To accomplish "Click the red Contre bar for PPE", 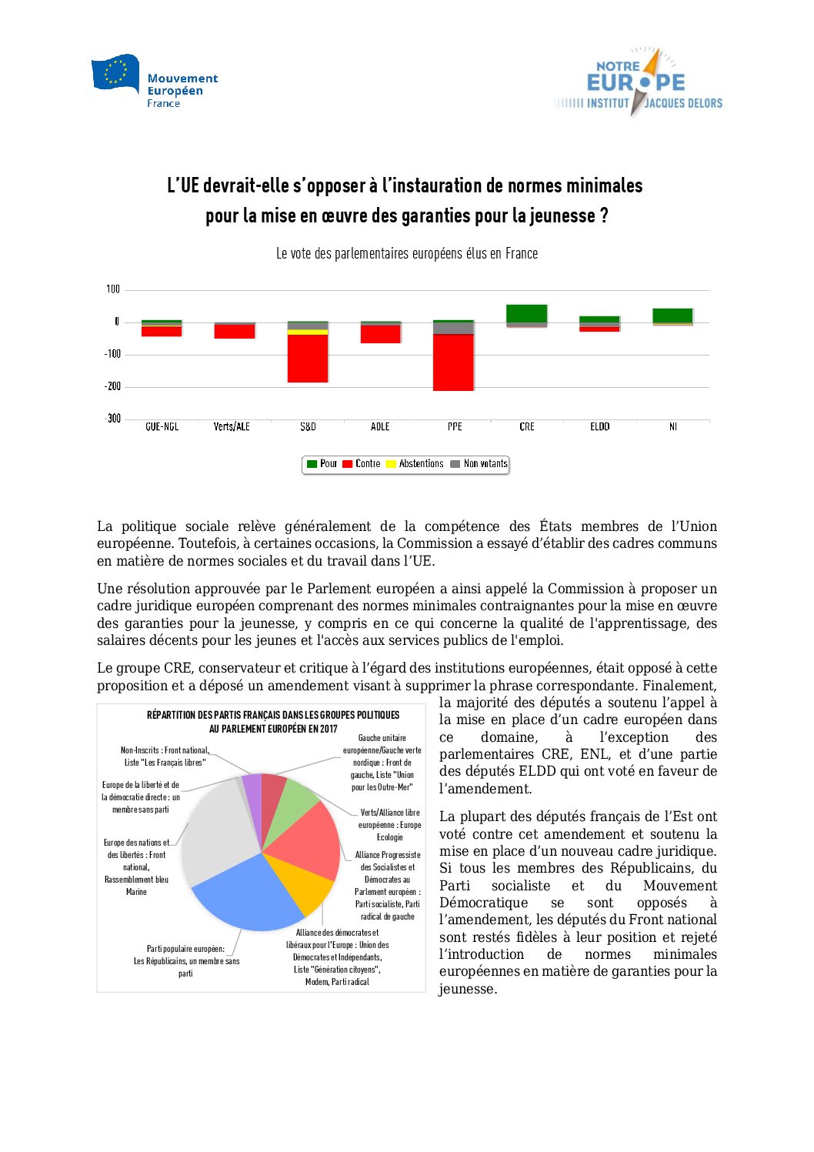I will point(453,362).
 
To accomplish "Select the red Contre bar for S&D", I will point(308,358).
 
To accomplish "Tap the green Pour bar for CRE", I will point(527,313).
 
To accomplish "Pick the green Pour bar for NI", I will point(672,316).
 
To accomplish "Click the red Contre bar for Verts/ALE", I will point(235,331).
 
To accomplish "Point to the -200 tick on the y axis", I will point(113,386).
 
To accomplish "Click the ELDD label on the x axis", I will point(599,426).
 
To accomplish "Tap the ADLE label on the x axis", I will point(380,426).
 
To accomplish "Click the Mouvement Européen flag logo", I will point(115,73).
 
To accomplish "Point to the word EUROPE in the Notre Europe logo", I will point(636,83).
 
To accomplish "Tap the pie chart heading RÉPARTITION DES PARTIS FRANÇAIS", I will point(273,715).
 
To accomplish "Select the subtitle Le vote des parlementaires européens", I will point(406,253).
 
